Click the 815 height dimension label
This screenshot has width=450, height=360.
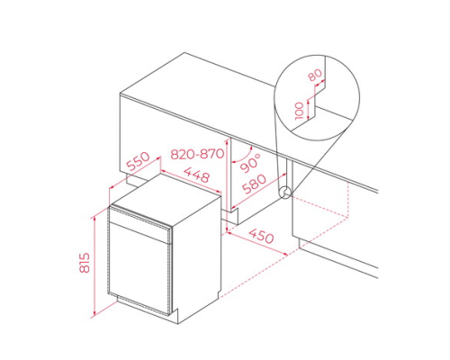coord(85,263)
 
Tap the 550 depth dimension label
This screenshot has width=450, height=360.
coord(138,161)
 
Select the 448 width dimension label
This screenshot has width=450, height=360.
coord(196,174)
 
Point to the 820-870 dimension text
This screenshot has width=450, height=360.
coord(197,154)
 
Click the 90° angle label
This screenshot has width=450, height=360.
coord(250,163)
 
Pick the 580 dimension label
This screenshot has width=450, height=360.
coord(254,184)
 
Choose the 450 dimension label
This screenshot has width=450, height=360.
coord(261,236)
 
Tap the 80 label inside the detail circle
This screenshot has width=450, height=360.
coord(315,75)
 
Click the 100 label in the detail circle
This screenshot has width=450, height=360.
coord(300,111)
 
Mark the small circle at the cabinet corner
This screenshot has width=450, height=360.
coord(284,193)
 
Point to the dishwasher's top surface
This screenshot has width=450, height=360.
coord(165,199)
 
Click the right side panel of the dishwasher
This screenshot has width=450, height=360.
coord(196,259)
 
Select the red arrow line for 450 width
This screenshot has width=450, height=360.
coord(257,244)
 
